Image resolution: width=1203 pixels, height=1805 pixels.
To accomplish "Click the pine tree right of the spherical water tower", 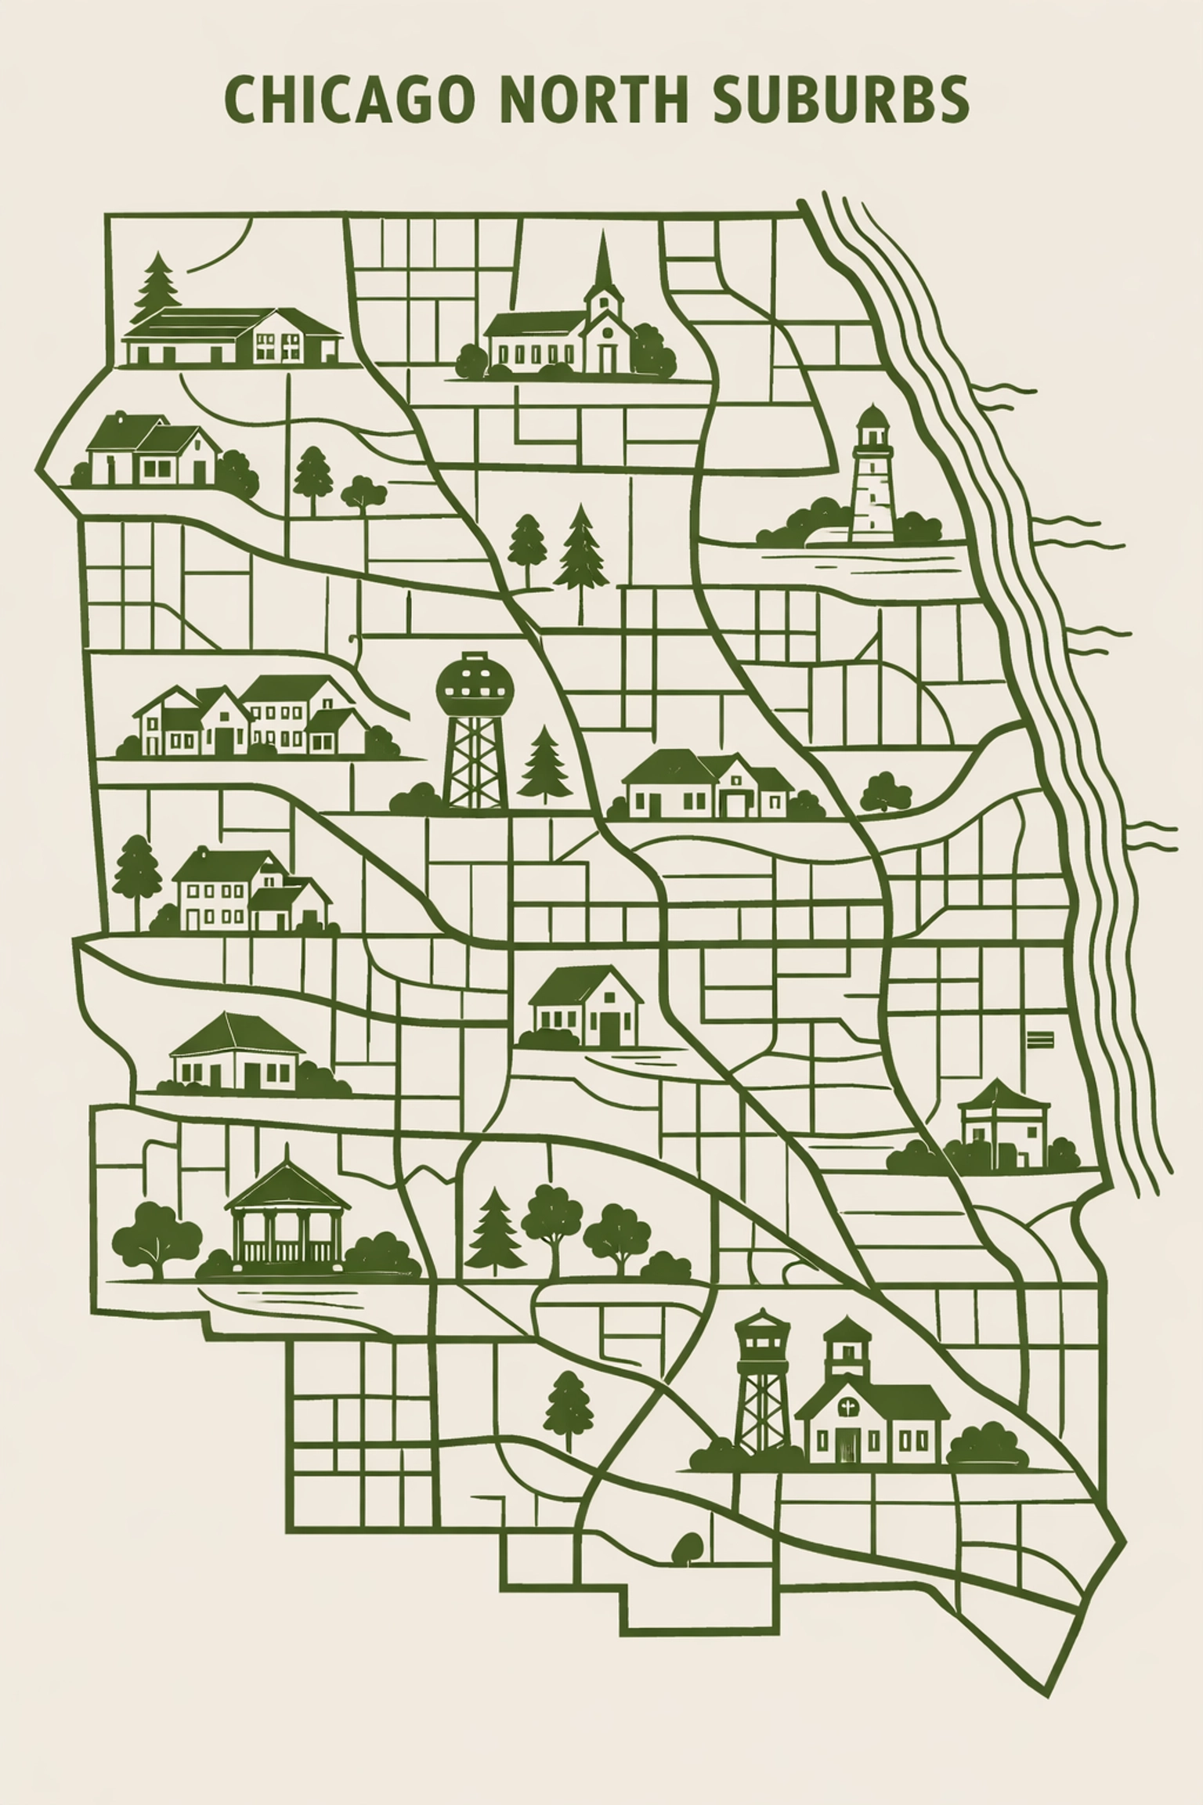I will point(544,765).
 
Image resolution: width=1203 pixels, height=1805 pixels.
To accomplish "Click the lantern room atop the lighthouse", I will point(872,429).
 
